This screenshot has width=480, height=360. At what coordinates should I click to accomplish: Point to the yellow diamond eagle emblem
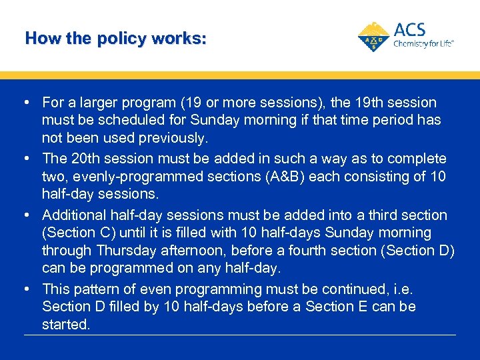[375, 36]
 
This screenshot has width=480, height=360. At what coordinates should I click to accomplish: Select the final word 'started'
[65, 325]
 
